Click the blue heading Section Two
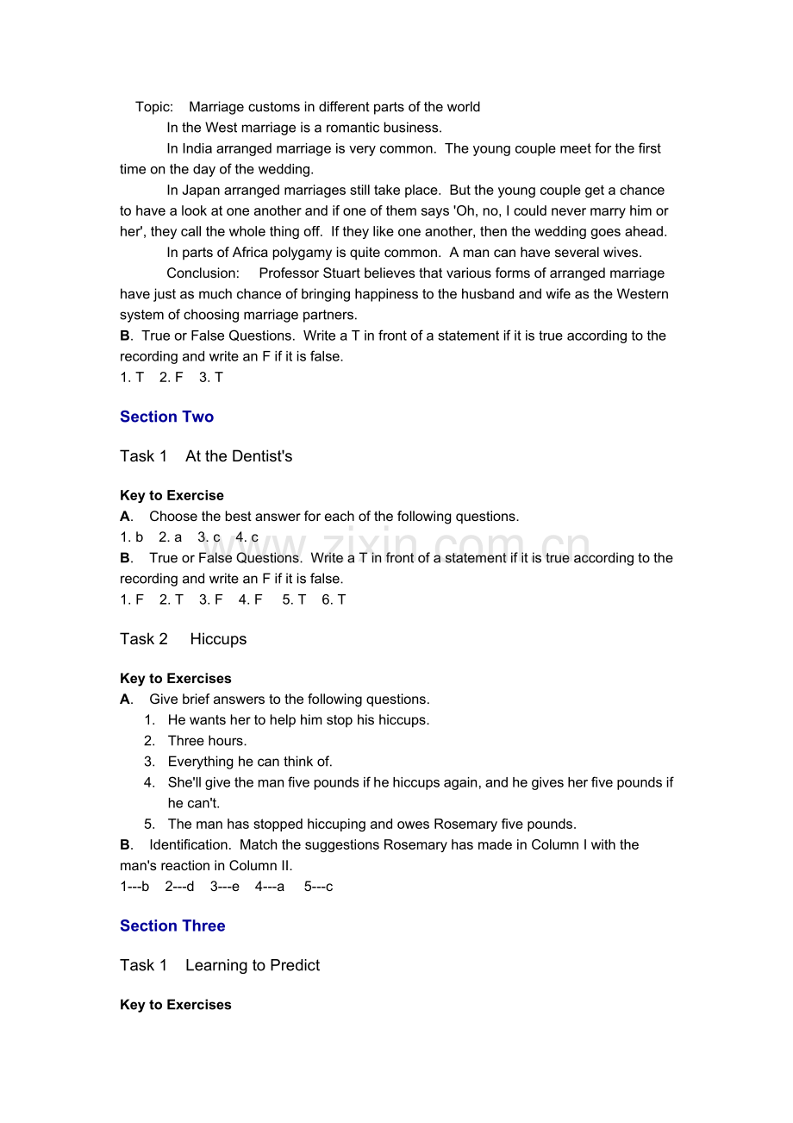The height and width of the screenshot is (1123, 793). pos(166,417)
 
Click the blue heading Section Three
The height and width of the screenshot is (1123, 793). pos(172,925)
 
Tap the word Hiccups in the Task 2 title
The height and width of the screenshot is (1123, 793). pos(218,639)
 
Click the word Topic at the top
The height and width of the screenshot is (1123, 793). pos(153,107)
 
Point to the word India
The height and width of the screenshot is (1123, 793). pos(197,148)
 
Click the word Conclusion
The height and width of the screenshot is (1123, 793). pos(202,273)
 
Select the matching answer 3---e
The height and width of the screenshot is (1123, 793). pos(224,886)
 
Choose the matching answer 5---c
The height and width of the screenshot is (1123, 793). pos(318,886)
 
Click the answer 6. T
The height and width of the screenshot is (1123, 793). pos(334,599)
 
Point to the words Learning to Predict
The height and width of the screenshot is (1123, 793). pos(253,965)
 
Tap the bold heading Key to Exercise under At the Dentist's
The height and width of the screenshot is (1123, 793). pos(172,496)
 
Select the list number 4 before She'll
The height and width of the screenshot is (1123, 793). pos(149,782)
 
